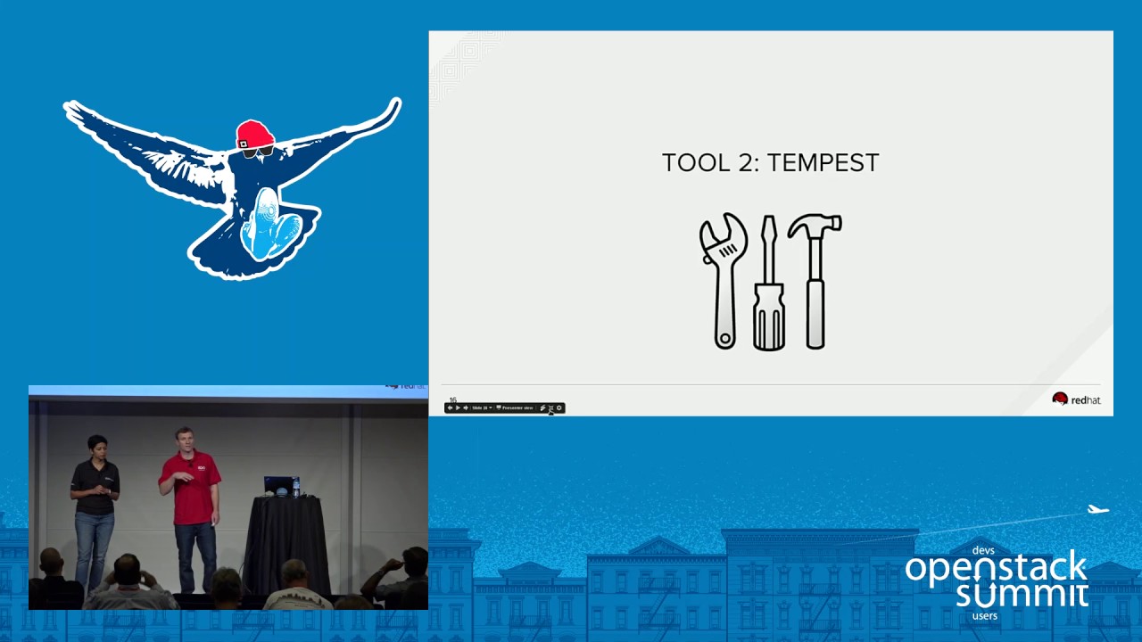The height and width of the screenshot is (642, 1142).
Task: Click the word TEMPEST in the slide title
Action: point(823,162)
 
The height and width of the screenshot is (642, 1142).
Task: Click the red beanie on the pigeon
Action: point(254,134)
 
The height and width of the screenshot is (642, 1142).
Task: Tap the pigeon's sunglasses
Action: point(257,152)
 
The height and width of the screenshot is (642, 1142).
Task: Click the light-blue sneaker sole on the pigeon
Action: point(266,224)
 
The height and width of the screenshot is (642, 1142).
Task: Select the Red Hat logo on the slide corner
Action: point(1076,399)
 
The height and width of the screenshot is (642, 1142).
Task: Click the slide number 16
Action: point(452,400)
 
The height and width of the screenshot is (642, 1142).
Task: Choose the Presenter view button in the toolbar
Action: point(516,407)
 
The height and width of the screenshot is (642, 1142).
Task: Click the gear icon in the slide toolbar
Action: point(559,407)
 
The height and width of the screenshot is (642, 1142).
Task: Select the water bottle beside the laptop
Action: point(296,487)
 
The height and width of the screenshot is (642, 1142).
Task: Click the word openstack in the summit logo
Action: point(996,569)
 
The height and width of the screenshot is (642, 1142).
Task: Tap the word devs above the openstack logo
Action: point(983,550)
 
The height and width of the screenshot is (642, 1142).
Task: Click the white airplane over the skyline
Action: point(1097,510)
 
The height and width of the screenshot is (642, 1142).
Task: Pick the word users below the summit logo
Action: point(985,615)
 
